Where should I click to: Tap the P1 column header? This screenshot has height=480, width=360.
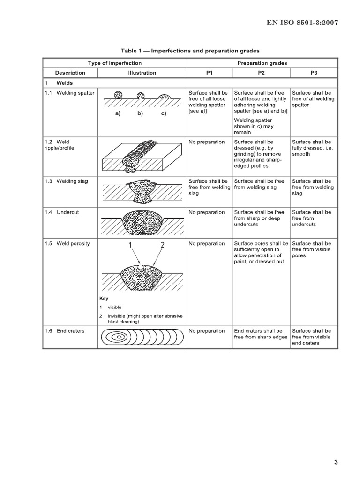tap(209, 73)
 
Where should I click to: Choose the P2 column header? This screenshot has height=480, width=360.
tap(261, 73)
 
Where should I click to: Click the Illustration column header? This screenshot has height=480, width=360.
tap(142, 73)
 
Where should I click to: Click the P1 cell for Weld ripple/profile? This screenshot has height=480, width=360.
tap(207, 142)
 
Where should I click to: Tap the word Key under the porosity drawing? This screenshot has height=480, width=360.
tap(104, 298)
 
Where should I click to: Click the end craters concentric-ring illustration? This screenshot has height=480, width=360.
tap(142, 337)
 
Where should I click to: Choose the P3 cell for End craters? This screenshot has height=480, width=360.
tap(311, 337)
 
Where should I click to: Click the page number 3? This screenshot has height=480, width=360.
tap(336, 462)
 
